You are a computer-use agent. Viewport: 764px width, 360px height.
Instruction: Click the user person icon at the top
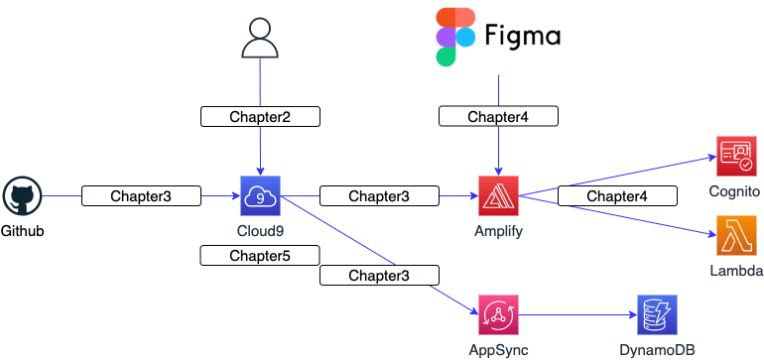click(260, 38)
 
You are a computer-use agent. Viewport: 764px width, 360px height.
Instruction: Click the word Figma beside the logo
click(523, 37)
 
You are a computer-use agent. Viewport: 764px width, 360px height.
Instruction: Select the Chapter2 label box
click(260, 117)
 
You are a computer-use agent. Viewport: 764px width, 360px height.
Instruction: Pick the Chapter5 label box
click(260, 256)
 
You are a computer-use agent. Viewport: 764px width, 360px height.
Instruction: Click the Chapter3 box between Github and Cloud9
click(141, 196)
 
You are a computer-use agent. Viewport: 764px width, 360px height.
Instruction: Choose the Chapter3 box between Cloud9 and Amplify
click(379, 196)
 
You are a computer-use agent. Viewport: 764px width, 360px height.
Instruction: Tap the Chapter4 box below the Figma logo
click(498, 117)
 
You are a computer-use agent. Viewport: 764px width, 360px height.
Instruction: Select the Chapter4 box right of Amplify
click(617, 196)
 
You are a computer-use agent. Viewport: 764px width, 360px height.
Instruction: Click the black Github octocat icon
click(22, 196)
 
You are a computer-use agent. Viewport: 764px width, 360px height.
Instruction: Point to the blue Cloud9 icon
click(260, 195)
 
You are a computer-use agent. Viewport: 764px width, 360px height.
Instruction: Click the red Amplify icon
click(498, 196)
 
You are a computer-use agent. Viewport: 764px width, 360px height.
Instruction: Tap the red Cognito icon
click(735, 157)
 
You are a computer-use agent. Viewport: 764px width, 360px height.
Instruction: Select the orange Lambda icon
click(735, 236)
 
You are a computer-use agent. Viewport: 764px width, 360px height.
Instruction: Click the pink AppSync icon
click(498, 315)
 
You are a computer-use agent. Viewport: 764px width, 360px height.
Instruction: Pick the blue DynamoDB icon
click(656, 315)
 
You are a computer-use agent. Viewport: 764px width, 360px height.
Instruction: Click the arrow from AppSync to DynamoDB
click(575, 315)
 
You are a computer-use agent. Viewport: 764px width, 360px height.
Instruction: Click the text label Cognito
click(735, 191)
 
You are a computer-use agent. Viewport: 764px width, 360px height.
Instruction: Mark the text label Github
click(23, 231)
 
